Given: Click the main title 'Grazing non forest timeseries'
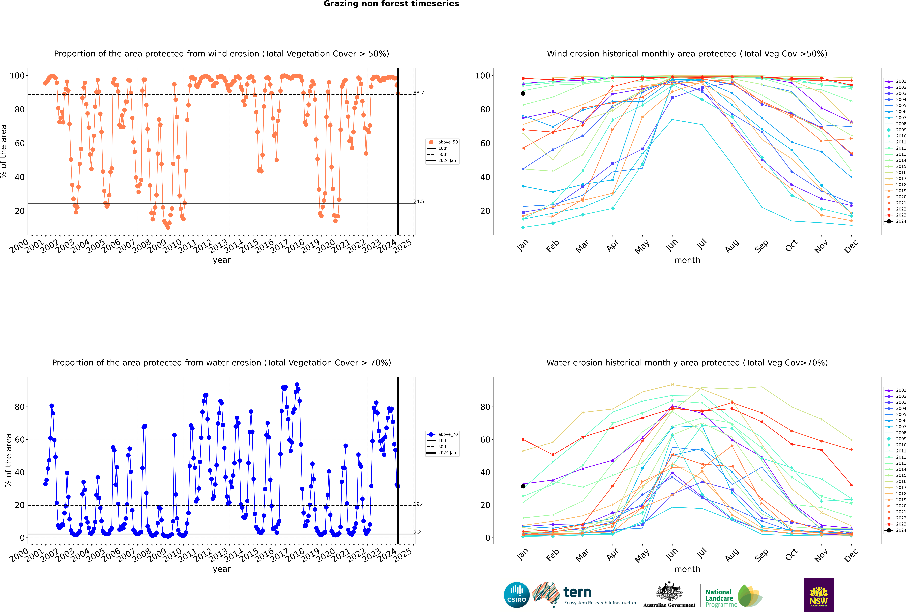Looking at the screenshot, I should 391,4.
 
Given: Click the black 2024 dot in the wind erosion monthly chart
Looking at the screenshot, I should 523,93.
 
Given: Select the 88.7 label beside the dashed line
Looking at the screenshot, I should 419,93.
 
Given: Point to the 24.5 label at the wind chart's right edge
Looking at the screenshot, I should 419,201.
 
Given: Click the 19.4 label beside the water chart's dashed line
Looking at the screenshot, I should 419,504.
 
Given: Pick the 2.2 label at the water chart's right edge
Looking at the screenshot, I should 417,532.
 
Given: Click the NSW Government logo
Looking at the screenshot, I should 819,595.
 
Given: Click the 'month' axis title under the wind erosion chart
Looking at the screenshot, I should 687,260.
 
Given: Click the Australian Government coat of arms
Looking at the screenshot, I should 669,591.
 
